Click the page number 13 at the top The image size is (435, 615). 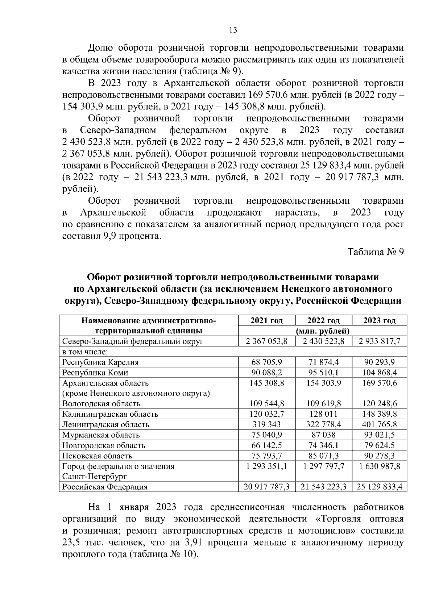[233, 30]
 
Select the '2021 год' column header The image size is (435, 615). [266, 320]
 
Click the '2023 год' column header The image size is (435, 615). [379, 320]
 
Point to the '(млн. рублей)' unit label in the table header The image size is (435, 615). [323, 331]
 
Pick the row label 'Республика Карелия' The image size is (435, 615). [100, 362]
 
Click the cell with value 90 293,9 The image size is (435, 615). [379, 362]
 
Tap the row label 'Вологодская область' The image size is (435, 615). [101, 404]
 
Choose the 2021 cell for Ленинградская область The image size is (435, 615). [266, 424]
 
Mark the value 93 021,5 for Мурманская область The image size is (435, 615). [379, 435]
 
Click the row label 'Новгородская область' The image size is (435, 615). [104, 445]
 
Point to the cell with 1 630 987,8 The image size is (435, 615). [379, 466]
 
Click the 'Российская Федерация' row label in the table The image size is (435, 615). [105, 487]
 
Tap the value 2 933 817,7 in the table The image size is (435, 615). [379, 341]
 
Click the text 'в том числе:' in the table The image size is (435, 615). [86, 352]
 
